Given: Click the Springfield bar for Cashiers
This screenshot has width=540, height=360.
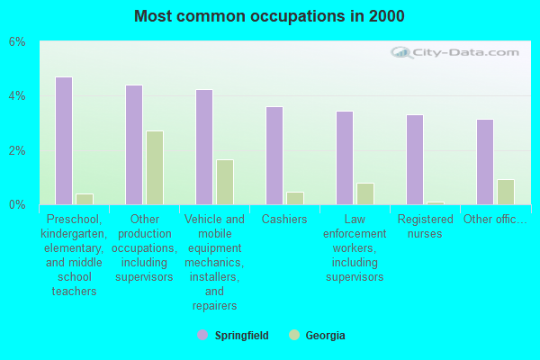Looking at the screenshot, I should [x=274, y=156].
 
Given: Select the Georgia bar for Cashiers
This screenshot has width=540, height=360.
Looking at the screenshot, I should [x=294, y=198].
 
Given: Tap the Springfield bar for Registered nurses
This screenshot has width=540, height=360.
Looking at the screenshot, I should [x=415, y=159].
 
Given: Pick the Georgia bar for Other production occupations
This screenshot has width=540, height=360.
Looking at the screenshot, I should [x=155, y=168].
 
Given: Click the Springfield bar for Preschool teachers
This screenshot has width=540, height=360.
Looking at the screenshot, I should [x=64, y=140].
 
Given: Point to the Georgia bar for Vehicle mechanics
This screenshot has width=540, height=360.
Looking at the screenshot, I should [x=225, y=182].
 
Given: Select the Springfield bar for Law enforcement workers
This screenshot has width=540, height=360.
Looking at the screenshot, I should [x=345, y=157].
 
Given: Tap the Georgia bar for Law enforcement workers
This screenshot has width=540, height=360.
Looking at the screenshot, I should [x=364, y=193].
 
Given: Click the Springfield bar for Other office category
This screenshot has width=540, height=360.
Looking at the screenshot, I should [x=485, y=162].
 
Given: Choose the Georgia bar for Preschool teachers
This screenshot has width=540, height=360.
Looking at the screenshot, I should [x=84, y=199].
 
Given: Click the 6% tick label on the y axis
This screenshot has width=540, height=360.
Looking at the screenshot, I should [x=18, y=42].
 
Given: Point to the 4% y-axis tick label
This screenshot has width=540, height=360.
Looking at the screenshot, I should [x=18, y=96].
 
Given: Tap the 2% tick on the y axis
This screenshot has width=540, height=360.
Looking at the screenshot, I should [x=18, y=150].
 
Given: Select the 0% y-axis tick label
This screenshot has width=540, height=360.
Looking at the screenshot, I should [x=18, y=205].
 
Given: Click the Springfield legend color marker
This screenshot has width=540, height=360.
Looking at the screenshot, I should [x=202, y=336].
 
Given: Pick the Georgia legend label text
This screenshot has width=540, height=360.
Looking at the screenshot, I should [x=325, y=336].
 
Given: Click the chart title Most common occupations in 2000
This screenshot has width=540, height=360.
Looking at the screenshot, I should [x=269, y=16].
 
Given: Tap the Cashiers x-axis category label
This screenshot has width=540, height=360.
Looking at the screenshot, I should [x=284, y=220].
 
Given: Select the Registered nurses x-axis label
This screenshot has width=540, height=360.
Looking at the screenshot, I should [x=425, y=226].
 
